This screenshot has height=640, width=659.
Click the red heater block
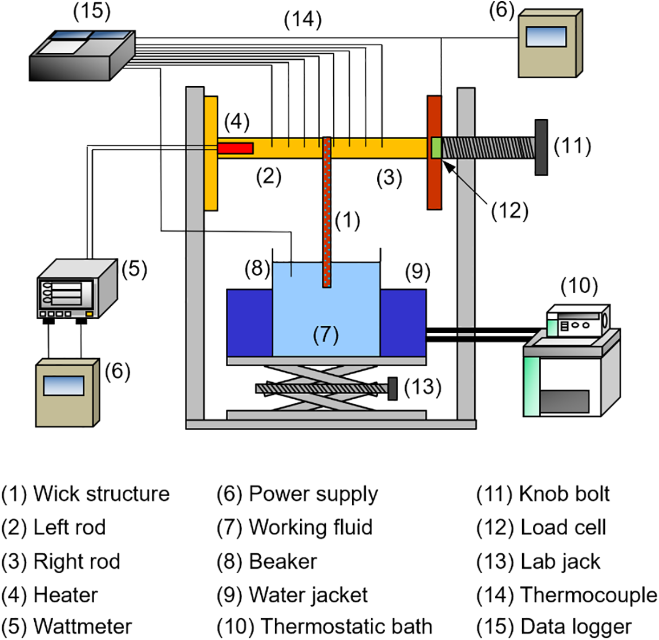235,148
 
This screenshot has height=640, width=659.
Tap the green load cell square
436,148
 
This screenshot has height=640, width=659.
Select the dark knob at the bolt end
541,147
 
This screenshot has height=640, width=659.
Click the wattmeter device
77,290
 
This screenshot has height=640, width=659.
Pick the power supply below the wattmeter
67,392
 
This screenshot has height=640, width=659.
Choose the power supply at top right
549,43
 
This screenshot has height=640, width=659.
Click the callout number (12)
510,211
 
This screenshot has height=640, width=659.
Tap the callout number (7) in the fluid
326,334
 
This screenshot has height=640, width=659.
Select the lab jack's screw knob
393,388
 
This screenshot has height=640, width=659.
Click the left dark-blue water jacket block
249,322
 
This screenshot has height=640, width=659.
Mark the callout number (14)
302,20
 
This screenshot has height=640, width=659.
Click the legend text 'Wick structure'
102,494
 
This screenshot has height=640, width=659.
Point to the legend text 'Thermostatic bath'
346,626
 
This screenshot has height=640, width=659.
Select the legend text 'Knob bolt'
565,494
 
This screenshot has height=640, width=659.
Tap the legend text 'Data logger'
576,626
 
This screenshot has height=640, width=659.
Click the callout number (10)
579,285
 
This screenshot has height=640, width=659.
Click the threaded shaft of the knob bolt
488,148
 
